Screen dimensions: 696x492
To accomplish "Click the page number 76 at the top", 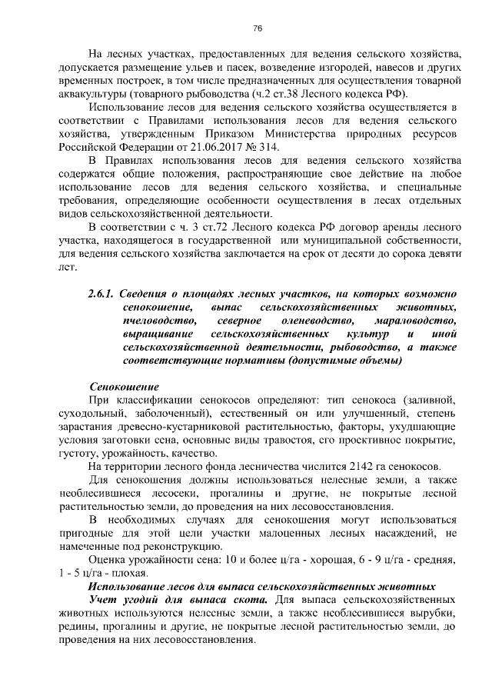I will pos(258,29).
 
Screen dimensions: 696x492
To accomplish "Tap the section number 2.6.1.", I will pos(102,295).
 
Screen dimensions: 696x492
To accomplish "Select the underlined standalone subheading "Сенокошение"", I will pos(124,388).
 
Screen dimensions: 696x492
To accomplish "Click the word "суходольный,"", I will pos(89,414).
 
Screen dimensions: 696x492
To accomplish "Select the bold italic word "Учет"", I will pos(105,599).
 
